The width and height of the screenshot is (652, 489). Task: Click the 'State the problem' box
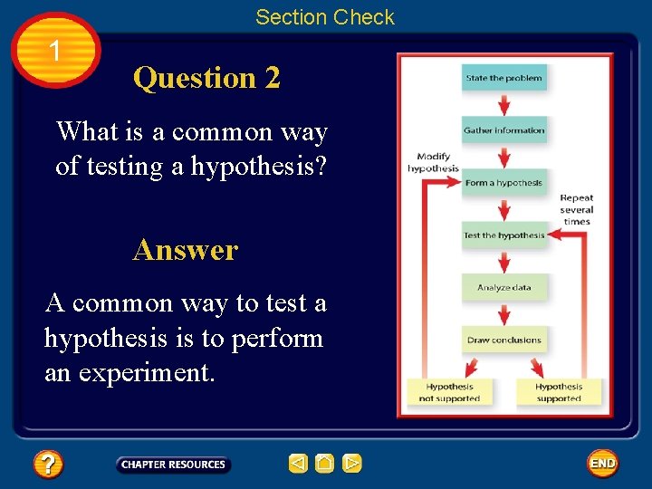[x=504, y=78]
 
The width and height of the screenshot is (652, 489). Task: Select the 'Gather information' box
[x=504, y=130]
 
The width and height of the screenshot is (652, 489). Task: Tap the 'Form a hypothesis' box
[x=504, y=183]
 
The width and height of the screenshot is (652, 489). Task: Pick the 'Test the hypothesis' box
[x=504, y=235]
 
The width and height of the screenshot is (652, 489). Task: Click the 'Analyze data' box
[x=504, y=288]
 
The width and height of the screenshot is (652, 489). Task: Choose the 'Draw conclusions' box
[x=504, y=340]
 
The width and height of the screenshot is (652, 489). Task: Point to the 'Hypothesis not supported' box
[x=449, y=392]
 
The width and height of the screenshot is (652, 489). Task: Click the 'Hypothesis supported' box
[x=558, y=392]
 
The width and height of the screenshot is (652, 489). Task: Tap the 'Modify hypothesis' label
[x=433, y=162]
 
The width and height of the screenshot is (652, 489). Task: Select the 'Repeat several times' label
[x=576, y=209]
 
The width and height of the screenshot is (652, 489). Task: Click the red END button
[x=602, y=464]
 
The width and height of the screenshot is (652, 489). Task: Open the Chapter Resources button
[x=173, y=465]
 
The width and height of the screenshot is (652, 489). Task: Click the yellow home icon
[x=324, y=464]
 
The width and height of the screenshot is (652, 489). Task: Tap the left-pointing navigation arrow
[x=298, y=464]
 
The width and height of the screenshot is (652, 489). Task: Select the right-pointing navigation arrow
[x=351, y=464]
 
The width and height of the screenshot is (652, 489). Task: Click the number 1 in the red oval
[x=56, y=51]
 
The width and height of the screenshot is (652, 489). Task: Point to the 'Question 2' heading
[x=206, y=78]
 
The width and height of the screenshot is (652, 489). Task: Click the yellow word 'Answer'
[x=186, y=249]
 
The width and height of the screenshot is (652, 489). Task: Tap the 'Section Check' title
[x=325, y=16]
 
